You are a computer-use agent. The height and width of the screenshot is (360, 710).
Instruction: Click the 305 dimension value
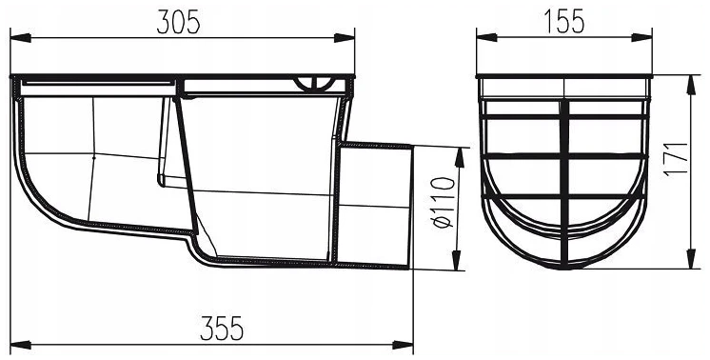click(x=178, y=22)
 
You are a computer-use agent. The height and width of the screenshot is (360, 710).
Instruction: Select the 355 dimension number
click(x=222, y=328)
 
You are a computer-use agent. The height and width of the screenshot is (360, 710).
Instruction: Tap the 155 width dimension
click(x=563, y=22)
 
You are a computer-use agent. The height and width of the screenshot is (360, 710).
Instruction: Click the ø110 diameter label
click(x=444, y=203)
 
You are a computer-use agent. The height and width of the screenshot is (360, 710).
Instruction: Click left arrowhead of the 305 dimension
click(x=20, y=37)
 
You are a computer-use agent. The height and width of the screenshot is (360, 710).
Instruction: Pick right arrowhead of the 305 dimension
click(x=345, y=37)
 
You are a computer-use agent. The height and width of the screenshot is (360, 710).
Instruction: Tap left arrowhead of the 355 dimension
click(x=20, y=345)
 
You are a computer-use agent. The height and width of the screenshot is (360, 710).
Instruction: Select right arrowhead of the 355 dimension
click(x=403, y=345)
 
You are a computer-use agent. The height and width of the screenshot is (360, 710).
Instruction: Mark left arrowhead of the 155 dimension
click(x=486, y=37)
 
